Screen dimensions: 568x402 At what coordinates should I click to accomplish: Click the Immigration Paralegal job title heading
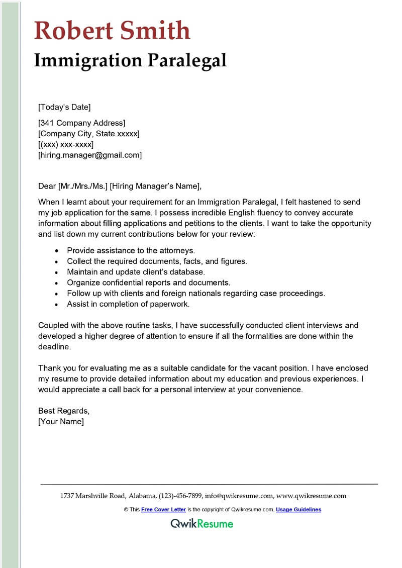[130, 60]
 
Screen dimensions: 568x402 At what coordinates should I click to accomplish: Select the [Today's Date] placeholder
[64, 107]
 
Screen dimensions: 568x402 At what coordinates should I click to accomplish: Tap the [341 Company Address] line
[82, 123]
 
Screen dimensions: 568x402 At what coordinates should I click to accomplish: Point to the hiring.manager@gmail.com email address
[90, 155]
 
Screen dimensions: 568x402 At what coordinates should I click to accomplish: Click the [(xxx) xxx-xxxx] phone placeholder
[66, 144]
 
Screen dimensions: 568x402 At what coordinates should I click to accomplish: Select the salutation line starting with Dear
[120, 186]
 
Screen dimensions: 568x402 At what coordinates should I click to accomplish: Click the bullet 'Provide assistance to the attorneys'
[131, 250]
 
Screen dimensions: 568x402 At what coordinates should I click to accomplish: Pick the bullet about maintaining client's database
[136, 271]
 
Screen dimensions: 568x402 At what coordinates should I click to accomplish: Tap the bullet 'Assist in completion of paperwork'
[128, 304]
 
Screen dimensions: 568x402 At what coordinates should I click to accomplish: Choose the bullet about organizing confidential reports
[148, 282]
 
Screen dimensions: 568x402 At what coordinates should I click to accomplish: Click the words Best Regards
[63, 411]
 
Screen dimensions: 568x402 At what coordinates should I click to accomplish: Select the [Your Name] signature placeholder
[61, 422]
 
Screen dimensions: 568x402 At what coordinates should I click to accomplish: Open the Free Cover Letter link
[163, 510]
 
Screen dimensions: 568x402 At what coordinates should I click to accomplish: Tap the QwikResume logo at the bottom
[202, 524]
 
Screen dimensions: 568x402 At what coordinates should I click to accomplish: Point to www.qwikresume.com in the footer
[312, 496]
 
